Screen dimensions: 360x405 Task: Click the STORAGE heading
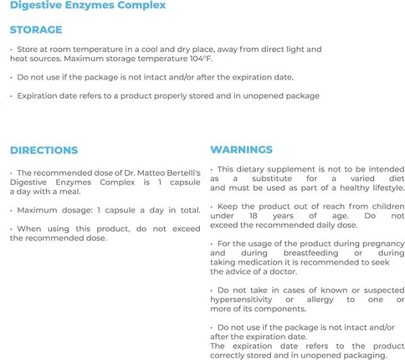[x=36, y=30]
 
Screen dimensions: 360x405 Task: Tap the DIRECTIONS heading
[x=44, y=150]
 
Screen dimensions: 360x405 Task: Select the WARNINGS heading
[x=242, y=149]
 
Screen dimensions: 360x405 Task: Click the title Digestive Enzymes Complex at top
[x=88, y=5]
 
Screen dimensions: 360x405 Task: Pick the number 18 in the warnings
[x=254, y=216]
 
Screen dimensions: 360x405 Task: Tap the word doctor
[x=282, y=272]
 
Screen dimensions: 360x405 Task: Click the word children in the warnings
[x=385, y=206]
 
